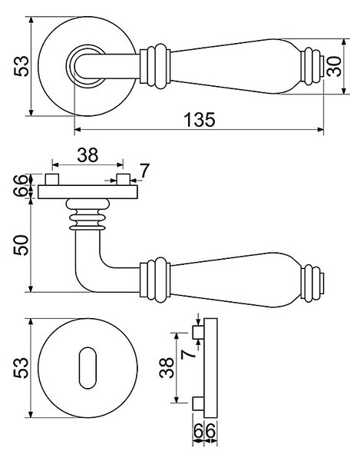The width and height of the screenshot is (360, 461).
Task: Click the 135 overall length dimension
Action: coord(200,120)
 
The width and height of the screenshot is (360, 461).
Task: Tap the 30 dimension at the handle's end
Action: coord(334,66)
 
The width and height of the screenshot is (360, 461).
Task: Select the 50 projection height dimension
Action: coord(21,245)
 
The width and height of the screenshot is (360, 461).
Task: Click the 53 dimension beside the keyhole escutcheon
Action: coord(21,367)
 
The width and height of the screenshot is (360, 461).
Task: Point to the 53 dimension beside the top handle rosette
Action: coord(21,66)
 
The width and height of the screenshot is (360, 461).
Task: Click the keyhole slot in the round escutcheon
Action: coord(88,368)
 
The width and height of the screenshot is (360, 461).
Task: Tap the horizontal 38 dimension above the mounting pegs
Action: coord(88,155)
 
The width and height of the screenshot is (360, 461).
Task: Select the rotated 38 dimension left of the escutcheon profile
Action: coord(167,367)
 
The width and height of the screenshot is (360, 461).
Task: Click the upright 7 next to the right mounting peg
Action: coord(144,171)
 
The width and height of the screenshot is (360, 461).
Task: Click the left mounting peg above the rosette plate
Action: coord(52,179)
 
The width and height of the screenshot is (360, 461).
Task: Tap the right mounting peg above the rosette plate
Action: coord(124,179)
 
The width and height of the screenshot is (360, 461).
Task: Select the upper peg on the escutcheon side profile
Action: coord(198,332)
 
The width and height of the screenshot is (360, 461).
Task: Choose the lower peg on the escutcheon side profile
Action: coord(198,403)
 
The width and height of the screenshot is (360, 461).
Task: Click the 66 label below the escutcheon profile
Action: coord(205,431)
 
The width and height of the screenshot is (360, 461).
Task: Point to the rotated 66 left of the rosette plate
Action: coord(21,185)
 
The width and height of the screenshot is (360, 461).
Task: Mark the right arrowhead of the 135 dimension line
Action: coord(321,129)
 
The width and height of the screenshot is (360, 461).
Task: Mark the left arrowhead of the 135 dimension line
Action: coord(78,129)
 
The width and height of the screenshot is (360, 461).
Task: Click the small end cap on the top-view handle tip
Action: coord(322,66)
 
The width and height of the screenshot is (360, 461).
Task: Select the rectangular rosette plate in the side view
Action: coord(88,192)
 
